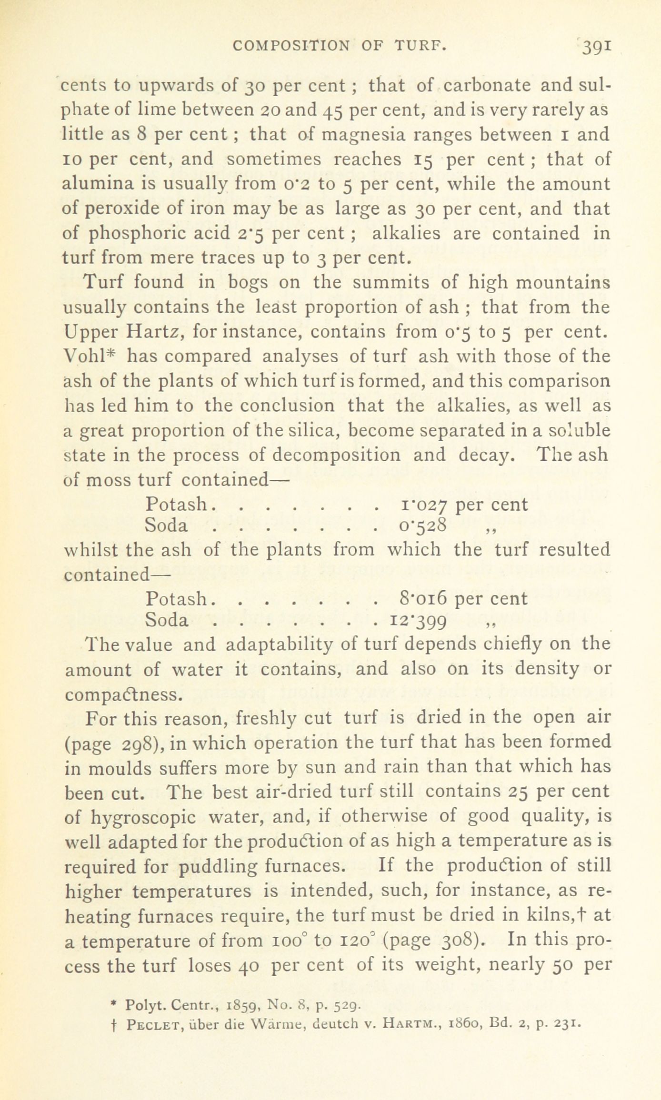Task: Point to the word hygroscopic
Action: pyautogui.click(x=143, y=817)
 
